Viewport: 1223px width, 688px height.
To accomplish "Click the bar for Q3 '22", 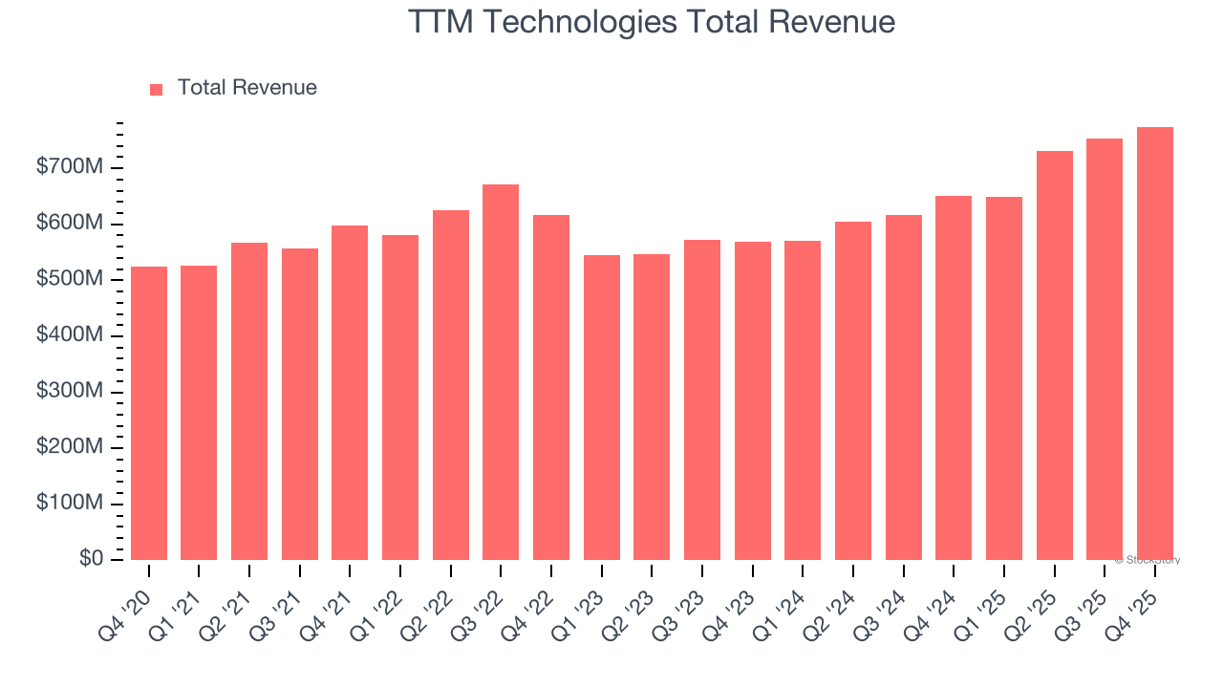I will coord(501,373).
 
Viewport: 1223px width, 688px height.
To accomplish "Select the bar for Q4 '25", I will coord(1154,344).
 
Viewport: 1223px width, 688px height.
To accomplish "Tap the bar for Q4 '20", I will coord(149,413).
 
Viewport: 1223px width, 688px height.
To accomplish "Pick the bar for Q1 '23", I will coord(601,407).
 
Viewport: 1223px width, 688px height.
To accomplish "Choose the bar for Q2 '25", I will coord(1054,355).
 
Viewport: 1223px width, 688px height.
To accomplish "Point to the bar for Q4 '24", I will coord(954,377).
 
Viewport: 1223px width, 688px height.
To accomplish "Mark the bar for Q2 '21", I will coord(249,401).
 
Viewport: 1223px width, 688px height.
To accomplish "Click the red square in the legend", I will coord(157,89).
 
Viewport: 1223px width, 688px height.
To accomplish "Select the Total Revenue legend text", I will coord(247,88).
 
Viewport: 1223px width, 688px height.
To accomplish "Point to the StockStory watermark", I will coord(1147,560).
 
